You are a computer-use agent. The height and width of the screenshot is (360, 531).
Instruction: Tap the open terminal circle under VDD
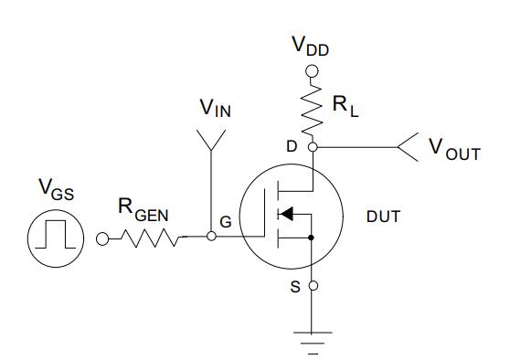[313, 70]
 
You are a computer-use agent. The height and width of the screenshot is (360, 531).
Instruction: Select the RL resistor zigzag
[313, 105]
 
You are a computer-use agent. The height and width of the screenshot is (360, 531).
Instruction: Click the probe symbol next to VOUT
[407, 145]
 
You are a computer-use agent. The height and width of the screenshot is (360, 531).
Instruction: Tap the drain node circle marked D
[313, 146]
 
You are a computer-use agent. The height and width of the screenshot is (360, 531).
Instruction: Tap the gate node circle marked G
[211, 237]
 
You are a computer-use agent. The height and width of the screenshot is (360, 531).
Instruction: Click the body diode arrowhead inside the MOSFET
[286, 215]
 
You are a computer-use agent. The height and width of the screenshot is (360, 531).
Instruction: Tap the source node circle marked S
[313, 286]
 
